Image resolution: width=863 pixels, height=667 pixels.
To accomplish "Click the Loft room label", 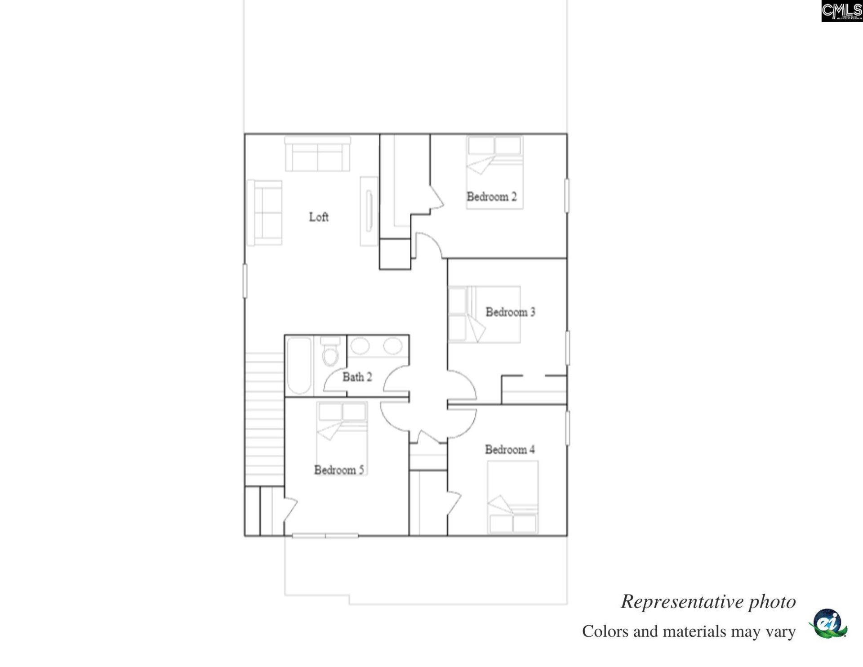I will pyautogui.click(x=318, y=217).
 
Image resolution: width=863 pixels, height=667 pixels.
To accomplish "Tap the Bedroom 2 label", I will pyautogui.click(x=491, y=197).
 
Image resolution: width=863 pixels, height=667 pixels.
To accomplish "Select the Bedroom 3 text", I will pyautogui.click(x=510, y=312).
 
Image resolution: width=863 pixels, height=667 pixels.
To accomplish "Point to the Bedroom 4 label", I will pyautogui.click(x=509, y=449).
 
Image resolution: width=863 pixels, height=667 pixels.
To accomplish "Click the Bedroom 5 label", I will pyautogui.click(x=338, y=470).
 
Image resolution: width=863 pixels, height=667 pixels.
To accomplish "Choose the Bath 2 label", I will pyautogui.click(x=357, y=377).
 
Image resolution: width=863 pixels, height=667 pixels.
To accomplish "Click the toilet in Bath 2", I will pyautogui.click(x=330, y=354).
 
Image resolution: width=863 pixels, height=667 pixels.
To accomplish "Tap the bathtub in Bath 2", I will pyautogui.click(x=299, y=365).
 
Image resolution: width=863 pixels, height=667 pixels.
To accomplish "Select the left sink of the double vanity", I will pyautogui.click(x=360, y=346).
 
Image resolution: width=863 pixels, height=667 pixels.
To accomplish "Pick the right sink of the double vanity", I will pyautogui.click(x=392, y=346).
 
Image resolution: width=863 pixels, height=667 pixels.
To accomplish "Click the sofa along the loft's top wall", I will pyautogui.click(x=317, y=154).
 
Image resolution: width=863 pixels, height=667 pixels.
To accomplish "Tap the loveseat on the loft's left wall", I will pyautogui.click(x=265, y=213).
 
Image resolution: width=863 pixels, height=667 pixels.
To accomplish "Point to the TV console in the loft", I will pyautogui.click(x=369, y=211).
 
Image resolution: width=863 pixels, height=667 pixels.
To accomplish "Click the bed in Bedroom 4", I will pyautogui.click(x=512, y=497).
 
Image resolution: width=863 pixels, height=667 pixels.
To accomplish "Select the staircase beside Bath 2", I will pyautogui.click(x=264, y=418).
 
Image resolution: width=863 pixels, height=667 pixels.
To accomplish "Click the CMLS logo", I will pyautogui.click(x=841, y=11).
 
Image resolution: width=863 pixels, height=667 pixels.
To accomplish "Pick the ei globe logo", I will pyautogui.click(x=828, y=623).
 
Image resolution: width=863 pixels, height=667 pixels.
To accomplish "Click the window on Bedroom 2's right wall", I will pyautogui.click(x=567, y=196).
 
